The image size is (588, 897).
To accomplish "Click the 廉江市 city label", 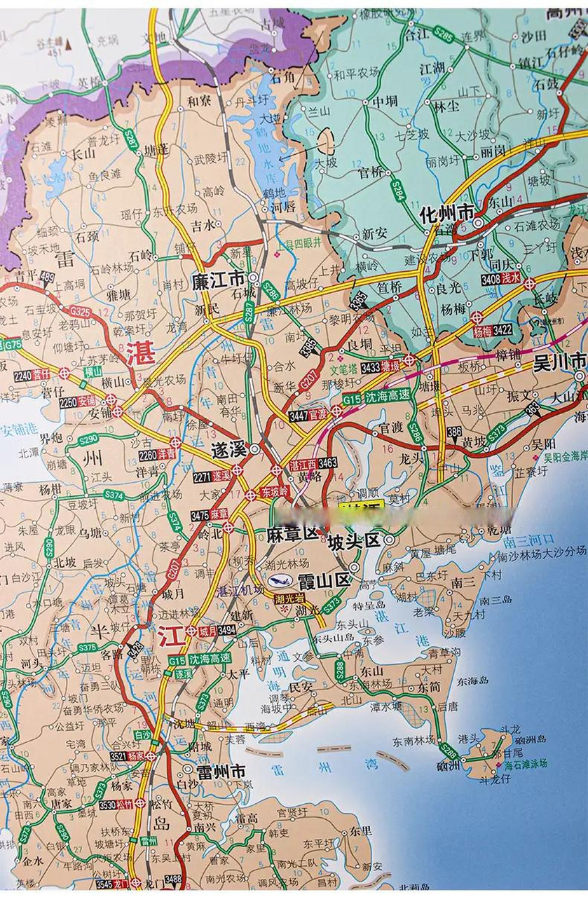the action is (218, 281).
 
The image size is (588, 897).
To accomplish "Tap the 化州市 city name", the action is (446, 212).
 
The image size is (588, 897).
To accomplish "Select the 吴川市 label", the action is (559, 362).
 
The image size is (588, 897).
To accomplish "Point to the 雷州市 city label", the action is (220, 772).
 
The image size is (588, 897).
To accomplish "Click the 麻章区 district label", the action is (293, 535).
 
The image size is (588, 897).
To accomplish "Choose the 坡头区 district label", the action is (353, 540).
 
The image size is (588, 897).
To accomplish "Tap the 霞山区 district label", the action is (323, 580).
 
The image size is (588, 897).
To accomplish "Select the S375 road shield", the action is (88, 648).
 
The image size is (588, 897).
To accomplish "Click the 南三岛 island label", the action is (496, 600).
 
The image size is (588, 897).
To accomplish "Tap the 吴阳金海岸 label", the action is (564, 456).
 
